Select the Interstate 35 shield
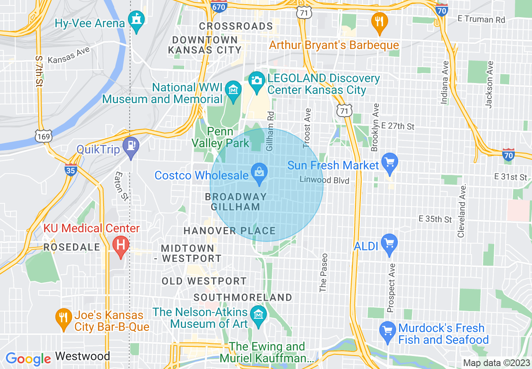coord(70,170)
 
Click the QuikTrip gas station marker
coord(131,147)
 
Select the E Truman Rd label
coord(481,19)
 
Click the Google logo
coord(28,359)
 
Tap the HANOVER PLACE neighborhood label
coord(229,231)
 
